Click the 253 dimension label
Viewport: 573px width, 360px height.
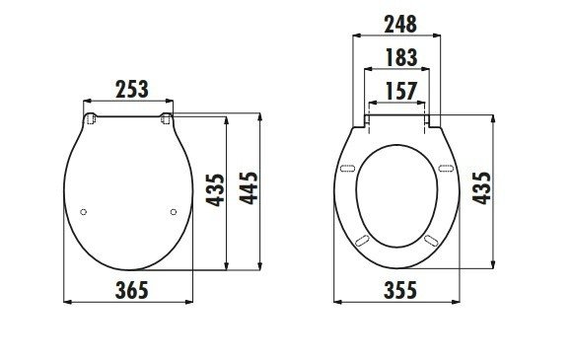pyautogui.click(x=132, y=89)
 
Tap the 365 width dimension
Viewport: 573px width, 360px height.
pyautogui.click(x=132, y=290)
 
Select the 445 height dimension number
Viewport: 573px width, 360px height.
pyautogui.click(x=249, y=187)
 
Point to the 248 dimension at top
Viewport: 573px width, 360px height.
pyautogui.click(x=400, y=24)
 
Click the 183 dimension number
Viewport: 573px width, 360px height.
pyautogui.click(x=400, y=57)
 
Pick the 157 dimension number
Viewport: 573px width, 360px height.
pyautogui.click(x=400, y=91)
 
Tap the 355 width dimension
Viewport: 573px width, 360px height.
pyautogui.click(x=400, y=290)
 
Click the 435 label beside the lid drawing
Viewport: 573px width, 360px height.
pyautogui.click(x=215, y=190)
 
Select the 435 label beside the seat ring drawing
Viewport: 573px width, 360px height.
pyautogui.click(x=481, y=187)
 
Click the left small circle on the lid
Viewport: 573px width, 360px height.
pyautogui.click(x=83, y=212)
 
